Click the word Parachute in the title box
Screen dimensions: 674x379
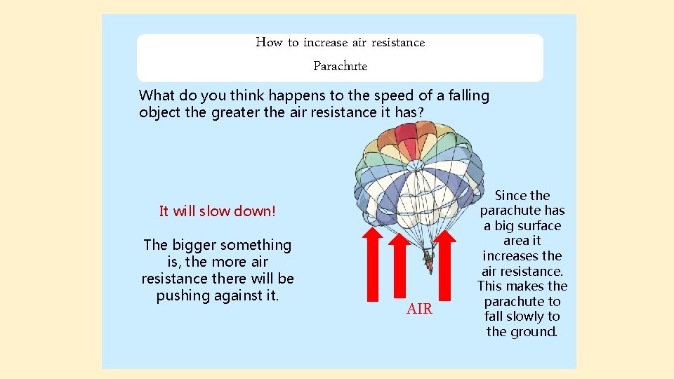(x=340, y=67)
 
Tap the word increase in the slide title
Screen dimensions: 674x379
(x=325, y=43)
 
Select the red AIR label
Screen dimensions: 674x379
(x=419, y=309)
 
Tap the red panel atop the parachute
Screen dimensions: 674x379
(x=407, y=133)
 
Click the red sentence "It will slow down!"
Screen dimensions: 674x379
(x=218, y=211)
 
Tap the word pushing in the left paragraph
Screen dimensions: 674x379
(x=182, y=295)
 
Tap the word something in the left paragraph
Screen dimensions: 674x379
(x=256, y=245)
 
